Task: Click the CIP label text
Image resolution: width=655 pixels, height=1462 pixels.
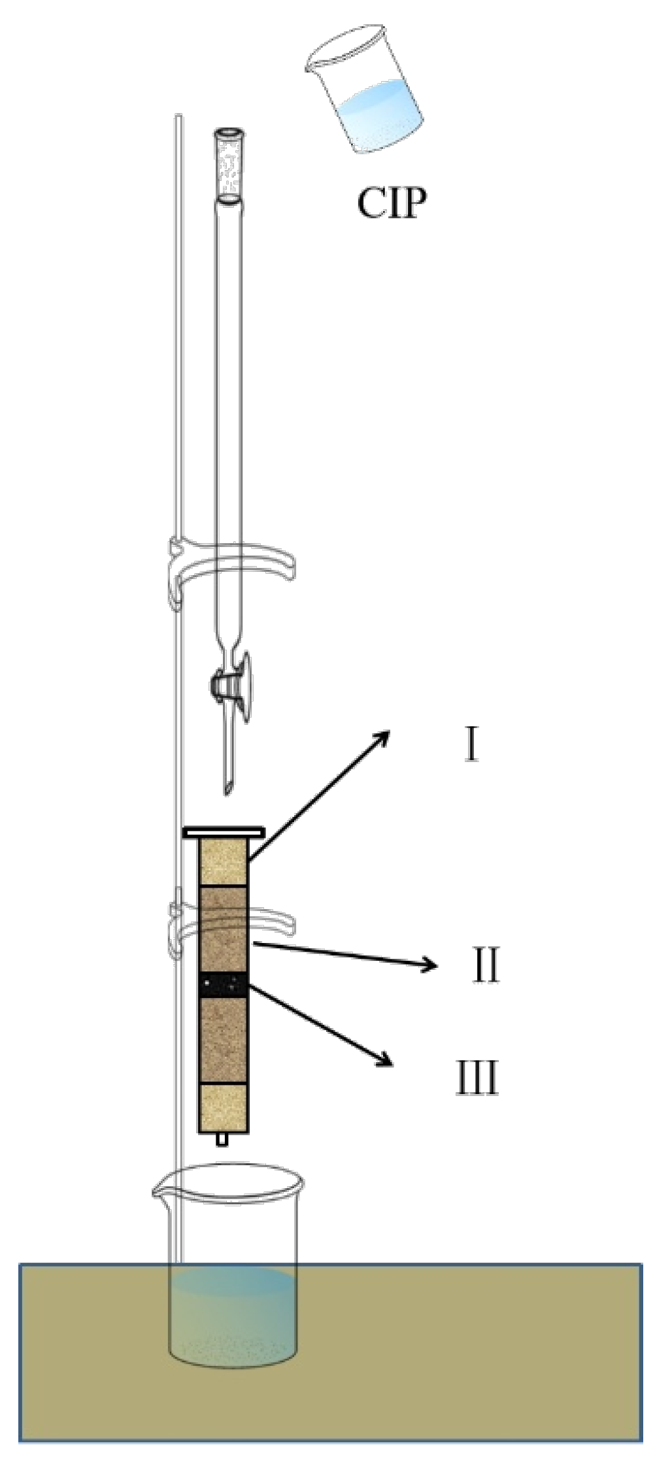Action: pos(392,203)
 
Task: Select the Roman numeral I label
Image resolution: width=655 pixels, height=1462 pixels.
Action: pos(471,746)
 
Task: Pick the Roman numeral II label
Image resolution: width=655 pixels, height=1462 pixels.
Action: pos(486,965)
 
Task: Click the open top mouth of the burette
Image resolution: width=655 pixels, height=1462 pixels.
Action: pos(230,133)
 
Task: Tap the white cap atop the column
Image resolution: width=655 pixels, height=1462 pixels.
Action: pos(224,833)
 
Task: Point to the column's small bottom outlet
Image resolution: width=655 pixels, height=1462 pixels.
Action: pos(222,1139)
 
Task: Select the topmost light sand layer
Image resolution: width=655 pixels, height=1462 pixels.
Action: pos(223,863)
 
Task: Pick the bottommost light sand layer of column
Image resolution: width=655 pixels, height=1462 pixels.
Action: pos(223,1108)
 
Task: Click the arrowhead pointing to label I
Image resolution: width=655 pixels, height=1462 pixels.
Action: pos(383,737)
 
